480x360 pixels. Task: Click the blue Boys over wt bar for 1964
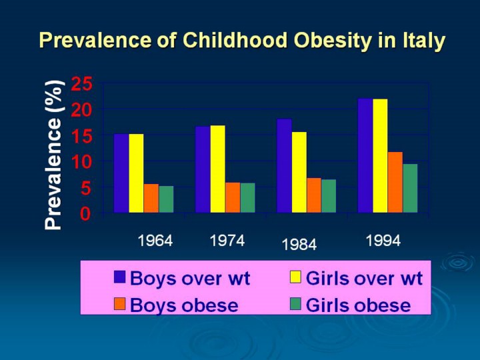point(121,173)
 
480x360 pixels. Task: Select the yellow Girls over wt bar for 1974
point(217,169)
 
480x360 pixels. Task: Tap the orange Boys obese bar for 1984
point(314,195)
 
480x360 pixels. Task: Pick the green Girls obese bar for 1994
point(410,189)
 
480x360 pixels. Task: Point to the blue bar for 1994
point(365,156)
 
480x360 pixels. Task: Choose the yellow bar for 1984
point(299,173)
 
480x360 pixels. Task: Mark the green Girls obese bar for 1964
point(166,199)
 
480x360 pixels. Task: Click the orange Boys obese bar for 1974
point(233,198)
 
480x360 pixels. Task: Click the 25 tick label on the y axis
point(83,84)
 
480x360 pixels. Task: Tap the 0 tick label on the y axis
point(86,214)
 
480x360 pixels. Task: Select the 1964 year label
point(155,241)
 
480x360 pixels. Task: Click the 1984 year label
point(299,245)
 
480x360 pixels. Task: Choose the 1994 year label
point(383,241)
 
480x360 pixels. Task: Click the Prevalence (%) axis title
point(55,155)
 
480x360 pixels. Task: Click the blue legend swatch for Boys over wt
point(120,277)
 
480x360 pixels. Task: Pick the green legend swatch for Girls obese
point(296,305)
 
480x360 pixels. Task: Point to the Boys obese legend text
point(184,305)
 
